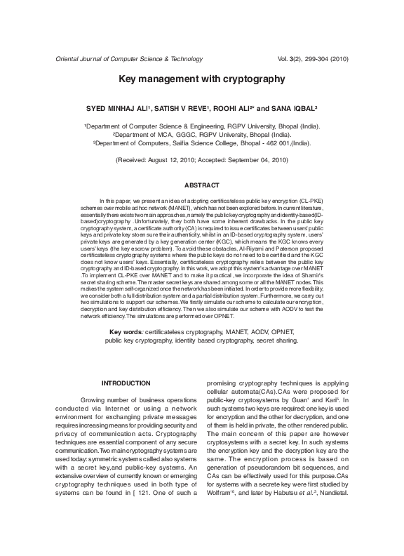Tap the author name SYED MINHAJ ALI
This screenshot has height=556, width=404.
click(x=116, y=110)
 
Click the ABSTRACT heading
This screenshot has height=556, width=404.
click(x=201, y=185)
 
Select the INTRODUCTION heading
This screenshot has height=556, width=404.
click(x=126, y=383)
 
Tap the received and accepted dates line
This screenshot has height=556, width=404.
click(x=202, y=160)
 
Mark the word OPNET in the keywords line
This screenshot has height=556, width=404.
click(x=281, y=331)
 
